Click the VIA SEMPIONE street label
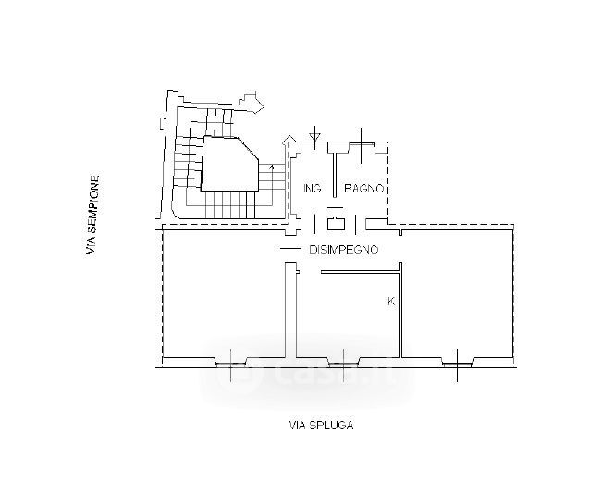click(x=92, y=215)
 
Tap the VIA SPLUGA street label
click(x=321, y=425)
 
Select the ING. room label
click(x=314, y=189)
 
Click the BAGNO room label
click(x=363, y=189)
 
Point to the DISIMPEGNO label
click(x=344, y=250)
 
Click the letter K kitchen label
click(x=391, y=302)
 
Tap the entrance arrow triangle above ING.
click(x=314, y=137)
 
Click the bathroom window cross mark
click(x=362, y=143)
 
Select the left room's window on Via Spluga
click(x=230, y=364)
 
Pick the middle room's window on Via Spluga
click(x=344, y=364)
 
